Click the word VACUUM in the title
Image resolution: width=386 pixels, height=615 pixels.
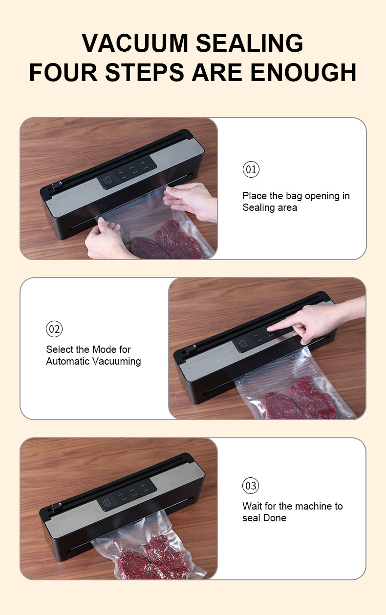click(x=135, y=43)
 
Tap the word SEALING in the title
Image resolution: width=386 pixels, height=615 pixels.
click(x=249, y=43)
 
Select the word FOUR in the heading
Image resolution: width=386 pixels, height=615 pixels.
click(x=63, y=72)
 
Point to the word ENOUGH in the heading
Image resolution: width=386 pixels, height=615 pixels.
click(x=303, y=72)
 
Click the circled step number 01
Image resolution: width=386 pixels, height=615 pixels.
click(x=251, y=169)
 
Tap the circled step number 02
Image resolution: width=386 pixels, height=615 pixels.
click(x=54, y=329)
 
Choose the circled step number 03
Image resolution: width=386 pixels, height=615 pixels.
click(x=251, y=485)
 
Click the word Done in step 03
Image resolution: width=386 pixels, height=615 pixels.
click(x=275, y=518)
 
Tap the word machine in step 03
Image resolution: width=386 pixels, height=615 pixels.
click(x=305, y=506)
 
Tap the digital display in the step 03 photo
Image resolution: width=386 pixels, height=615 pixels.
click(x=107, y=503)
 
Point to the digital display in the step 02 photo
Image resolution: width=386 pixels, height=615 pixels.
click(x=242, y=344)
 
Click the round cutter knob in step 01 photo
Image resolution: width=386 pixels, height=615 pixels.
click(x=57, y=186)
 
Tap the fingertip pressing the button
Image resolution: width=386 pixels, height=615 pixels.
click(x=271, y=328)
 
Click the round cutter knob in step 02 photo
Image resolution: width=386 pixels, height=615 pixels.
click(x=190, y=349)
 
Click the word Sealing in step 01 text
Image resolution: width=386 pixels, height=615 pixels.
click(x=258, y=208)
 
